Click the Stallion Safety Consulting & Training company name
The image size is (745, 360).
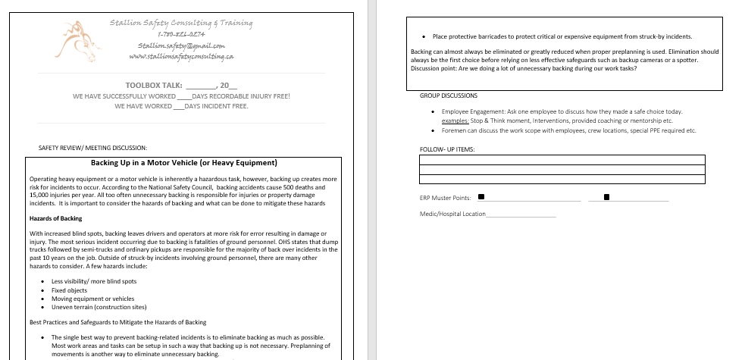pos(181,23)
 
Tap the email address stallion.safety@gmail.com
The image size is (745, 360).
pos(181,45)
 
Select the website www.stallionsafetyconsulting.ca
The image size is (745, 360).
pos(181,56)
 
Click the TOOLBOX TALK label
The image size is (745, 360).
pos(153,85)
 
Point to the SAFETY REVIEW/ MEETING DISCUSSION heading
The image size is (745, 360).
pos(92,147)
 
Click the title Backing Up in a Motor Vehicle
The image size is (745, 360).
pos(184,163)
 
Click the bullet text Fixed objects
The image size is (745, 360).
pos(69,290)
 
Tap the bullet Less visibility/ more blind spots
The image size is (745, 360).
pos(94,281)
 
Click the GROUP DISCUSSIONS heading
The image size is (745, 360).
pos(449,96)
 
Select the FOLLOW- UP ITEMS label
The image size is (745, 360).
pos(447,149)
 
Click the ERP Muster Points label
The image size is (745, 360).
pos(445,198)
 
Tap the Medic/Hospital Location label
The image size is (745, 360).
pos(452,214)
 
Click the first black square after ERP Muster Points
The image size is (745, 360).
pos(481,198)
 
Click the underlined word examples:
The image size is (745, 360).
pos(455,121)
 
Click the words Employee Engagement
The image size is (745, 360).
pos(472,111)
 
